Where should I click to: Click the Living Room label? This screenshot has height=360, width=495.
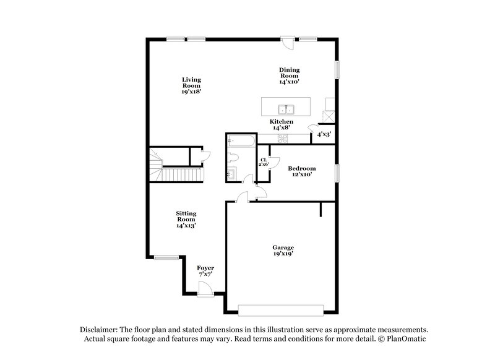click(x=191, y=85)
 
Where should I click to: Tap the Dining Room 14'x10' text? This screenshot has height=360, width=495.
click(x=290, y=75)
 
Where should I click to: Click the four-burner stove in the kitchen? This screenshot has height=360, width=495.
click(x=285, y=139)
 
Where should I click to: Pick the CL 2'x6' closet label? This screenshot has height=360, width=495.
click(x=263, y=162)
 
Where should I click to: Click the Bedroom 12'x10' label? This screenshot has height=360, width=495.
click(x=302, y=171)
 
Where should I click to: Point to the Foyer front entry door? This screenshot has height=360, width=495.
click(x=205, y=287)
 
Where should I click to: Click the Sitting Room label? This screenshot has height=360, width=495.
click(x=186, y=219)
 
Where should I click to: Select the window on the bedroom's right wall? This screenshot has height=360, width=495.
click(x=337, y=173)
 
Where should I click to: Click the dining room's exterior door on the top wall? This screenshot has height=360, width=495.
click(x=286, y=43)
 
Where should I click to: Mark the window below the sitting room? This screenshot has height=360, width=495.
click(x=165, y=257)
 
